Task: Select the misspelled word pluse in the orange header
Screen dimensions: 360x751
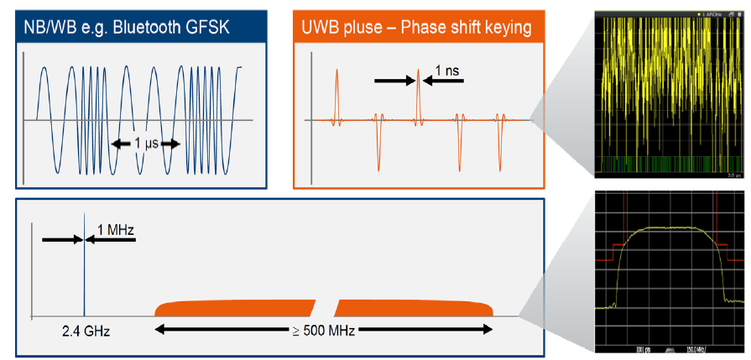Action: [358, 27]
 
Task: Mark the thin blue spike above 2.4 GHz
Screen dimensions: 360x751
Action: [84, 269]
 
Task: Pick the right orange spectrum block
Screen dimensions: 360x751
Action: [415, 308]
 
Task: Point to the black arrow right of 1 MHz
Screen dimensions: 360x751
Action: [110, 239]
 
